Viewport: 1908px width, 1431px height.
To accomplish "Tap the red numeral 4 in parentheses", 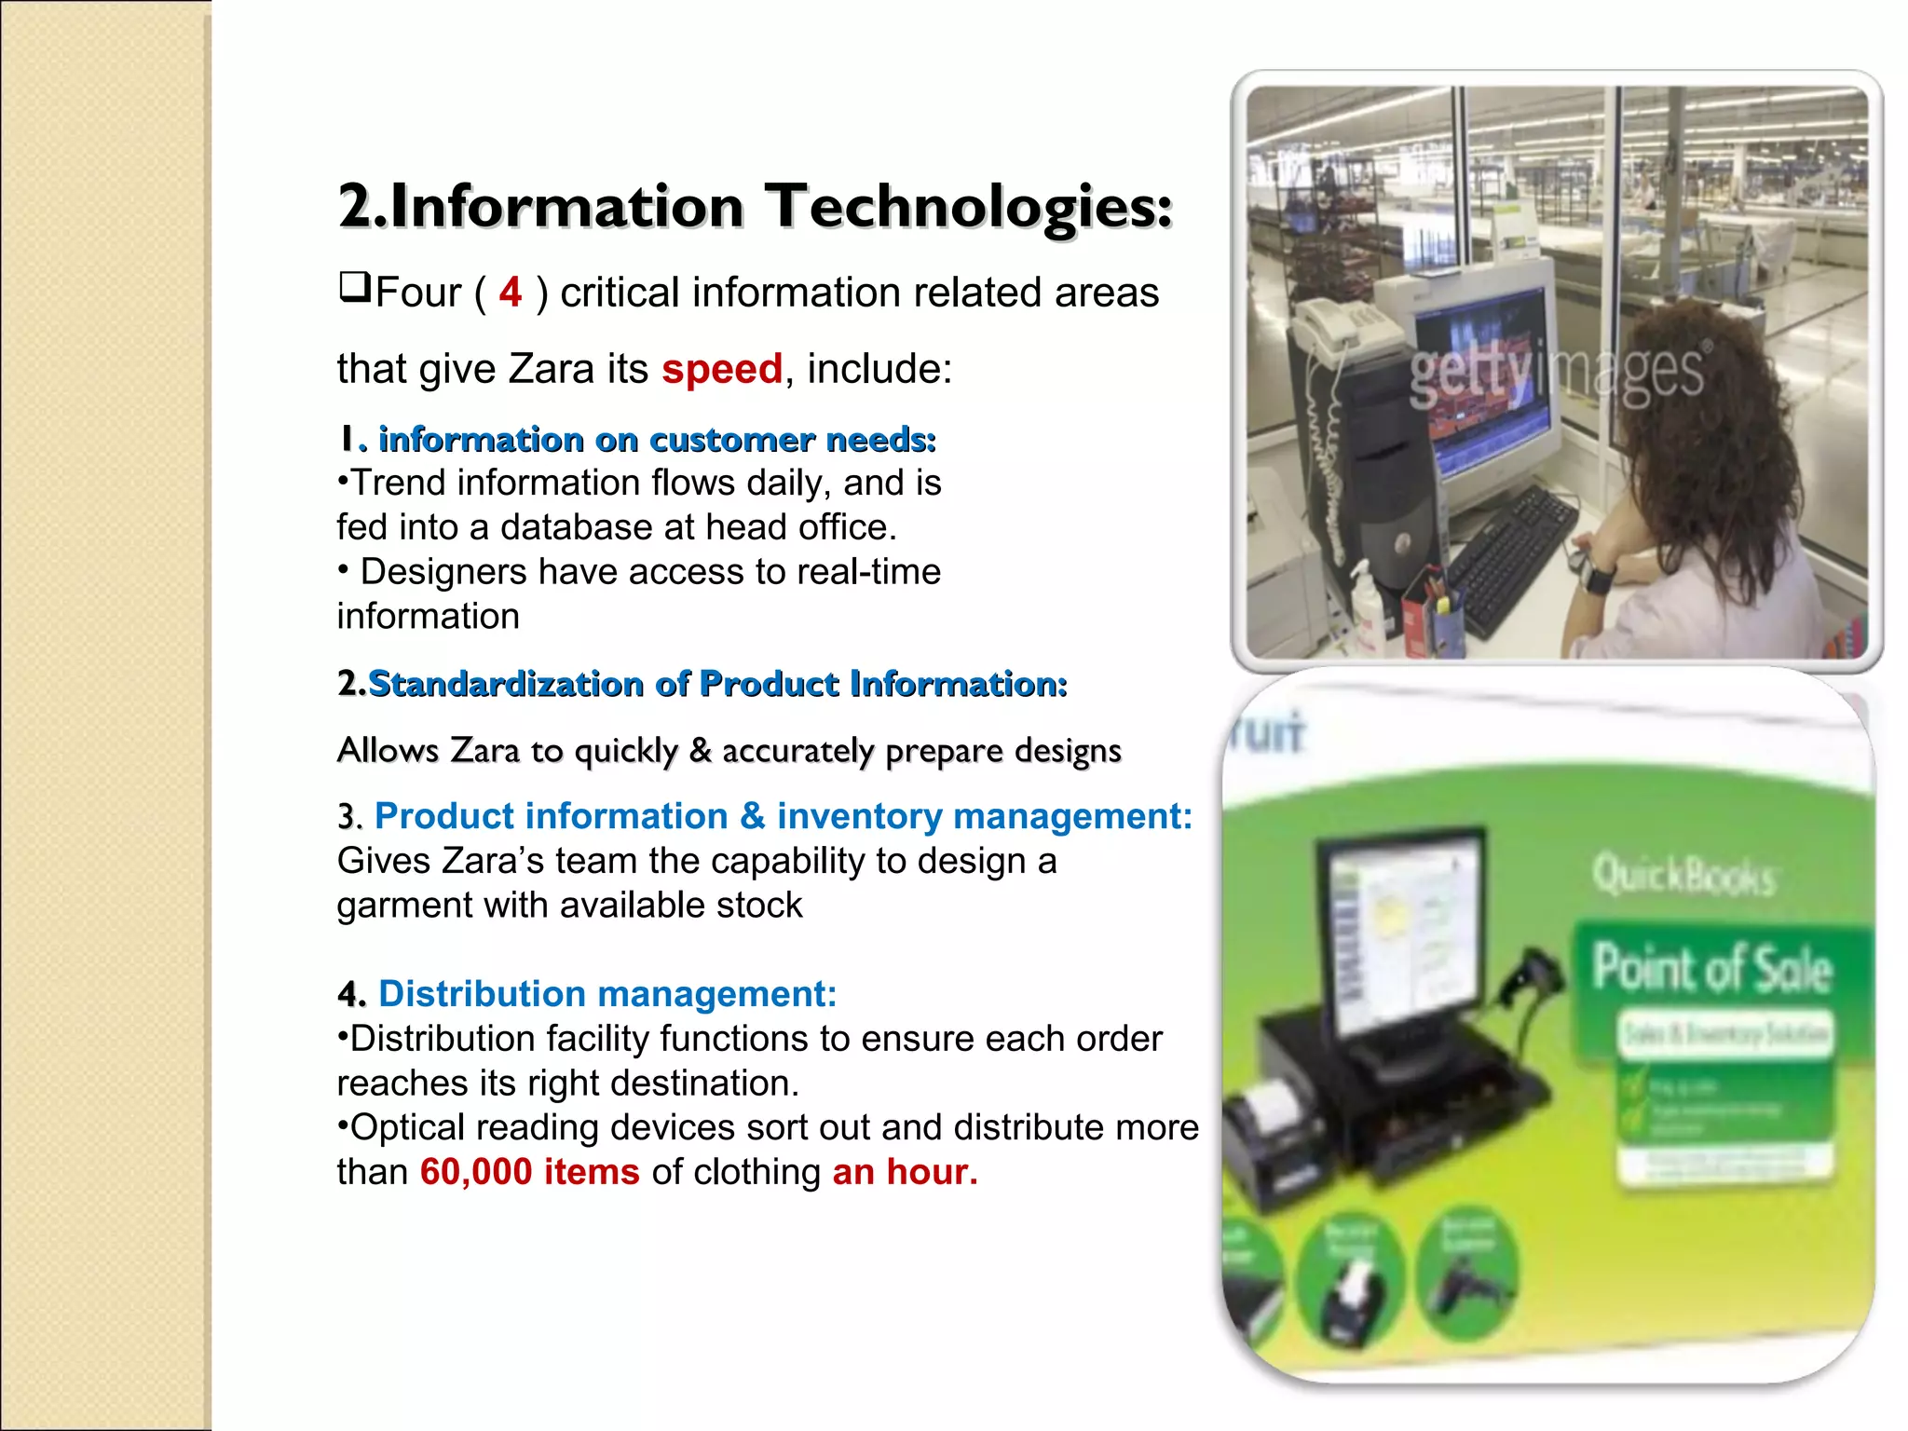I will pyautogui.click(x=510, y=293).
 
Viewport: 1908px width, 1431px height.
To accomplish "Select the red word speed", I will pyautogui.click(x=722, y=369).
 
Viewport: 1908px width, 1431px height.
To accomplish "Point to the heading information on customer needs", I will pyautogui.click(x=656, y=439).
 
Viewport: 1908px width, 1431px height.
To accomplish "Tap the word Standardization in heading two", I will pyautogui.click(x=506, y=684).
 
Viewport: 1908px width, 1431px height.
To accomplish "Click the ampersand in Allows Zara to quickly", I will pyautogui.click(x=700, y=750).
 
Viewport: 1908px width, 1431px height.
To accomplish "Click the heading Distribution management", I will pyautogui.click(x=606, y=994).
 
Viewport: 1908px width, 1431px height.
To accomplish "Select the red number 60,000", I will pyautogui.click(x=476, y=1172).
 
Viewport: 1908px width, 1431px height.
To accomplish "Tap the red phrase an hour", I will pyautogui.click(x=904, y=1172).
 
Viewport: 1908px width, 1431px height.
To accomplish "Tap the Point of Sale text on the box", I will pyautogui.click(x=1712, y=969).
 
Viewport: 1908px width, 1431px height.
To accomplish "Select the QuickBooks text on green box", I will pyautogui.click(x=1683, y=876).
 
